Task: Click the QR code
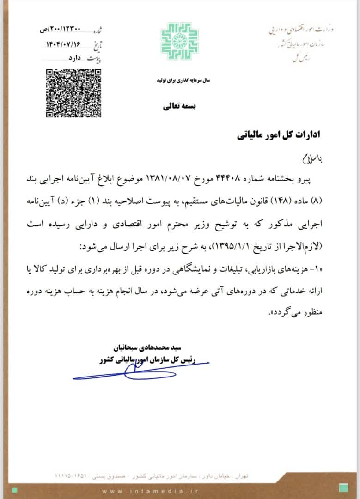click(x=73, y=93)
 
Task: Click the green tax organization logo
click(x=180, y=42)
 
